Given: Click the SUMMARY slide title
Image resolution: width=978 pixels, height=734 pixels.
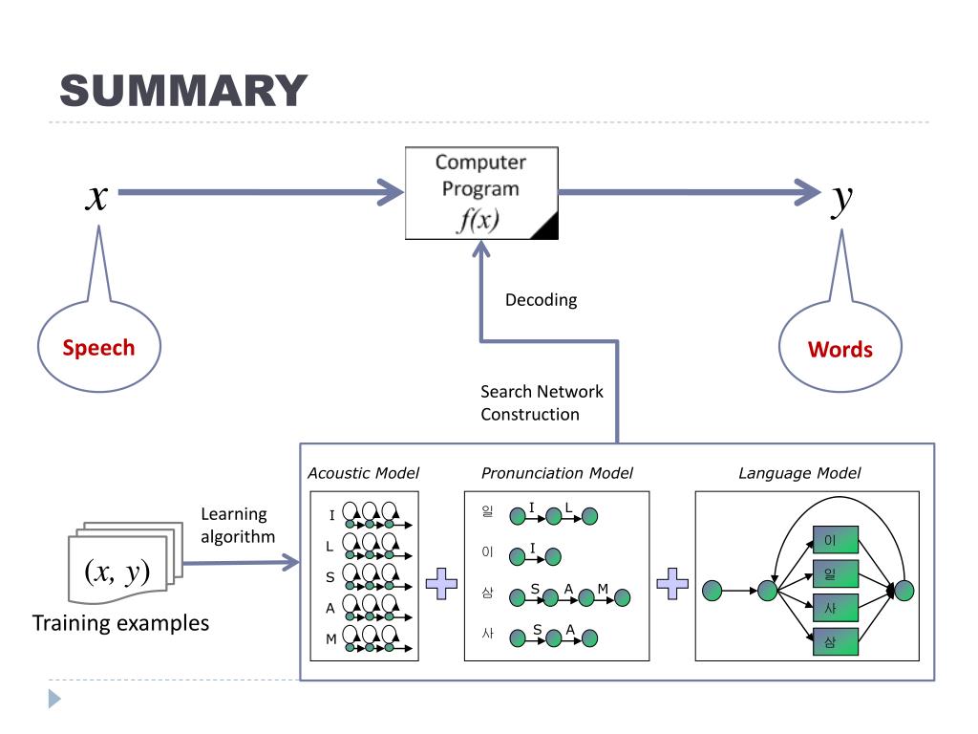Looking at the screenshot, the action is tap(183, 91).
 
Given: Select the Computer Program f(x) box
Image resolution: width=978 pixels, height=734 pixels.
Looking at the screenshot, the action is tap(481, 193).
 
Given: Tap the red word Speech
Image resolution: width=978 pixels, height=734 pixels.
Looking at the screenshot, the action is tap(98, 348).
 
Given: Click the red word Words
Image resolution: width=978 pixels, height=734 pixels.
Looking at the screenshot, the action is tap(840, 350).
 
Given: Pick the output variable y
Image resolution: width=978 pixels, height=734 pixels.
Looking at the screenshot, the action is tap(842, 200).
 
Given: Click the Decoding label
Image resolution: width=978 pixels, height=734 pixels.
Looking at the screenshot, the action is tap(541, 300).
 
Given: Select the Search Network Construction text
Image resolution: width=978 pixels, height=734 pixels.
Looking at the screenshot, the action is tap(542, 402).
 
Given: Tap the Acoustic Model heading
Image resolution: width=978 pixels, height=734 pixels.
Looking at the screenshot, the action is tap(364, 473).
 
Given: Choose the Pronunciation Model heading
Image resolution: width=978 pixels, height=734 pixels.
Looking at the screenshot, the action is tap(557, 473).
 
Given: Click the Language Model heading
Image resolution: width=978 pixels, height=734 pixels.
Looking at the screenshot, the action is tap(799, 473).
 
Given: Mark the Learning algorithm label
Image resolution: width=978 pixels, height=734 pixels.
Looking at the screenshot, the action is tap(238, 525).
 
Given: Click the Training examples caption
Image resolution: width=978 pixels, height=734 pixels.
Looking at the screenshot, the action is tap(120, 623).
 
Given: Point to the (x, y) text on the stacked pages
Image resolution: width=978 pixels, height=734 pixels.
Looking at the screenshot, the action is tap(117, 572).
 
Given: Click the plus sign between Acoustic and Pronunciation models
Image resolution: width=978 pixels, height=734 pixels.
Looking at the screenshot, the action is tap(441, 584).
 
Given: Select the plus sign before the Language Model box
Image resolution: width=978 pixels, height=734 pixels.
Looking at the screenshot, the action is tap(672, 584).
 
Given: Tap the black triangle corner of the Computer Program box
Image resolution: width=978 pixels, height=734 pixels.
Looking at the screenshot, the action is tap(548, 228).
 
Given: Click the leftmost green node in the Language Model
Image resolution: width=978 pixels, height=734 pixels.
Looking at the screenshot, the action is tap(712, 591).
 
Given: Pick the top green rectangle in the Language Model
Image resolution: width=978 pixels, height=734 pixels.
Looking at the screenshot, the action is tap(836, 540).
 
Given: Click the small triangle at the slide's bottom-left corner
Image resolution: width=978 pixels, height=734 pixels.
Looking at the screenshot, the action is tap(54, 699).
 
